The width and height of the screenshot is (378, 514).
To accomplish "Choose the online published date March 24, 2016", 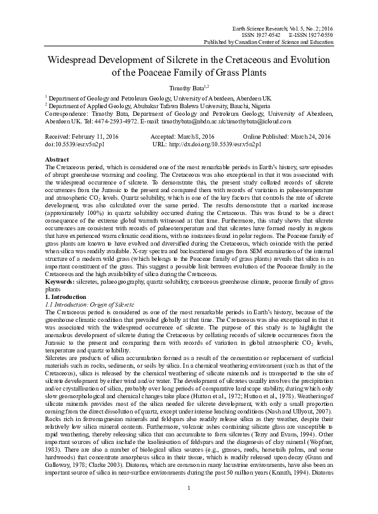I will pos(313,137).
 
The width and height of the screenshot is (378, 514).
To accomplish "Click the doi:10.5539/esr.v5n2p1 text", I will pos(70,144).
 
